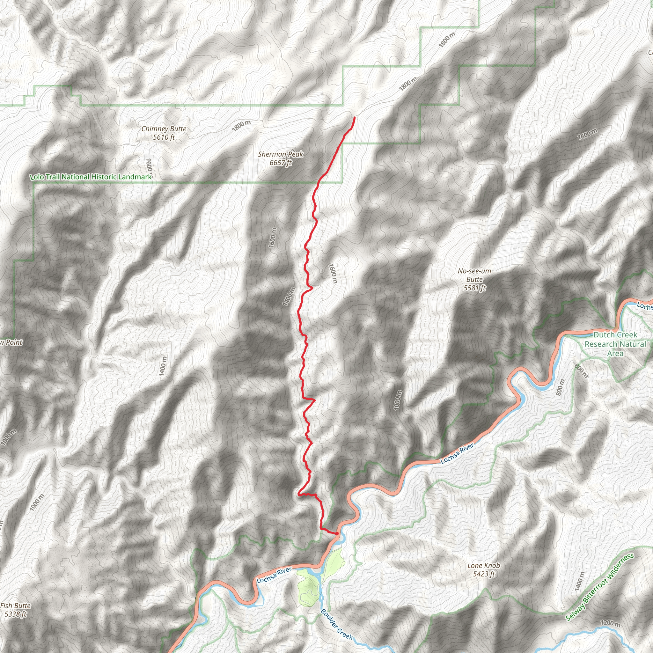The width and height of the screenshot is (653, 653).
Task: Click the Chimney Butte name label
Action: tap(164, 129)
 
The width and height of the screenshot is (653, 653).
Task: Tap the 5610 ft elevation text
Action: tap(164, 137)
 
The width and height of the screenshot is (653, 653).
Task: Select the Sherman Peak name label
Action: tap(281, 154)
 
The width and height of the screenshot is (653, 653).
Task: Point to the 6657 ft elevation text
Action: tap(281, 163)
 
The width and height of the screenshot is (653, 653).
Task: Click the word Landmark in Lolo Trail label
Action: tap(135, 177)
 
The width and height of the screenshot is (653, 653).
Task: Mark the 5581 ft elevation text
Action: tap(474, 288)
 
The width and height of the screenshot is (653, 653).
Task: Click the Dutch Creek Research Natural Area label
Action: tap(615, 344)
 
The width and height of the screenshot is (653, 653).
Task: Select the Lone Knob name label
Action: tap(484, 565)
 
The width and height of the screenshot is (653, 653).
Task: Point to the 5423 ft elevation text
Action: tap(484, 574)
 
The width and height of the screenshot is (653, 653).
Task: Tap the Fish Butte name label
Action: tap(16, 606)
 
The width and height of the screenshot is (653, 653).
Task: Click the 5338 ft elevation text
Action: tap(16, 614)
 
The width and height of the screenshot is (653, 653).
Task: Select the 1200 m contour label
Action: tap(610, 623)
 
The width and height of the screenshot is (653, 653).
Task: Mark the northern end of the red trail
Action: tap(355, 117)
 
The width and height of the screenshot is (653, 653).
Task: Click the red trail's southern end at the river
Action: tap(337, 533)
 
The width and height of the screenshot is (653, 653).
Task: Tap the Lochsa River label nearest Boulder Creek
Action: tap(274, 575)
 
